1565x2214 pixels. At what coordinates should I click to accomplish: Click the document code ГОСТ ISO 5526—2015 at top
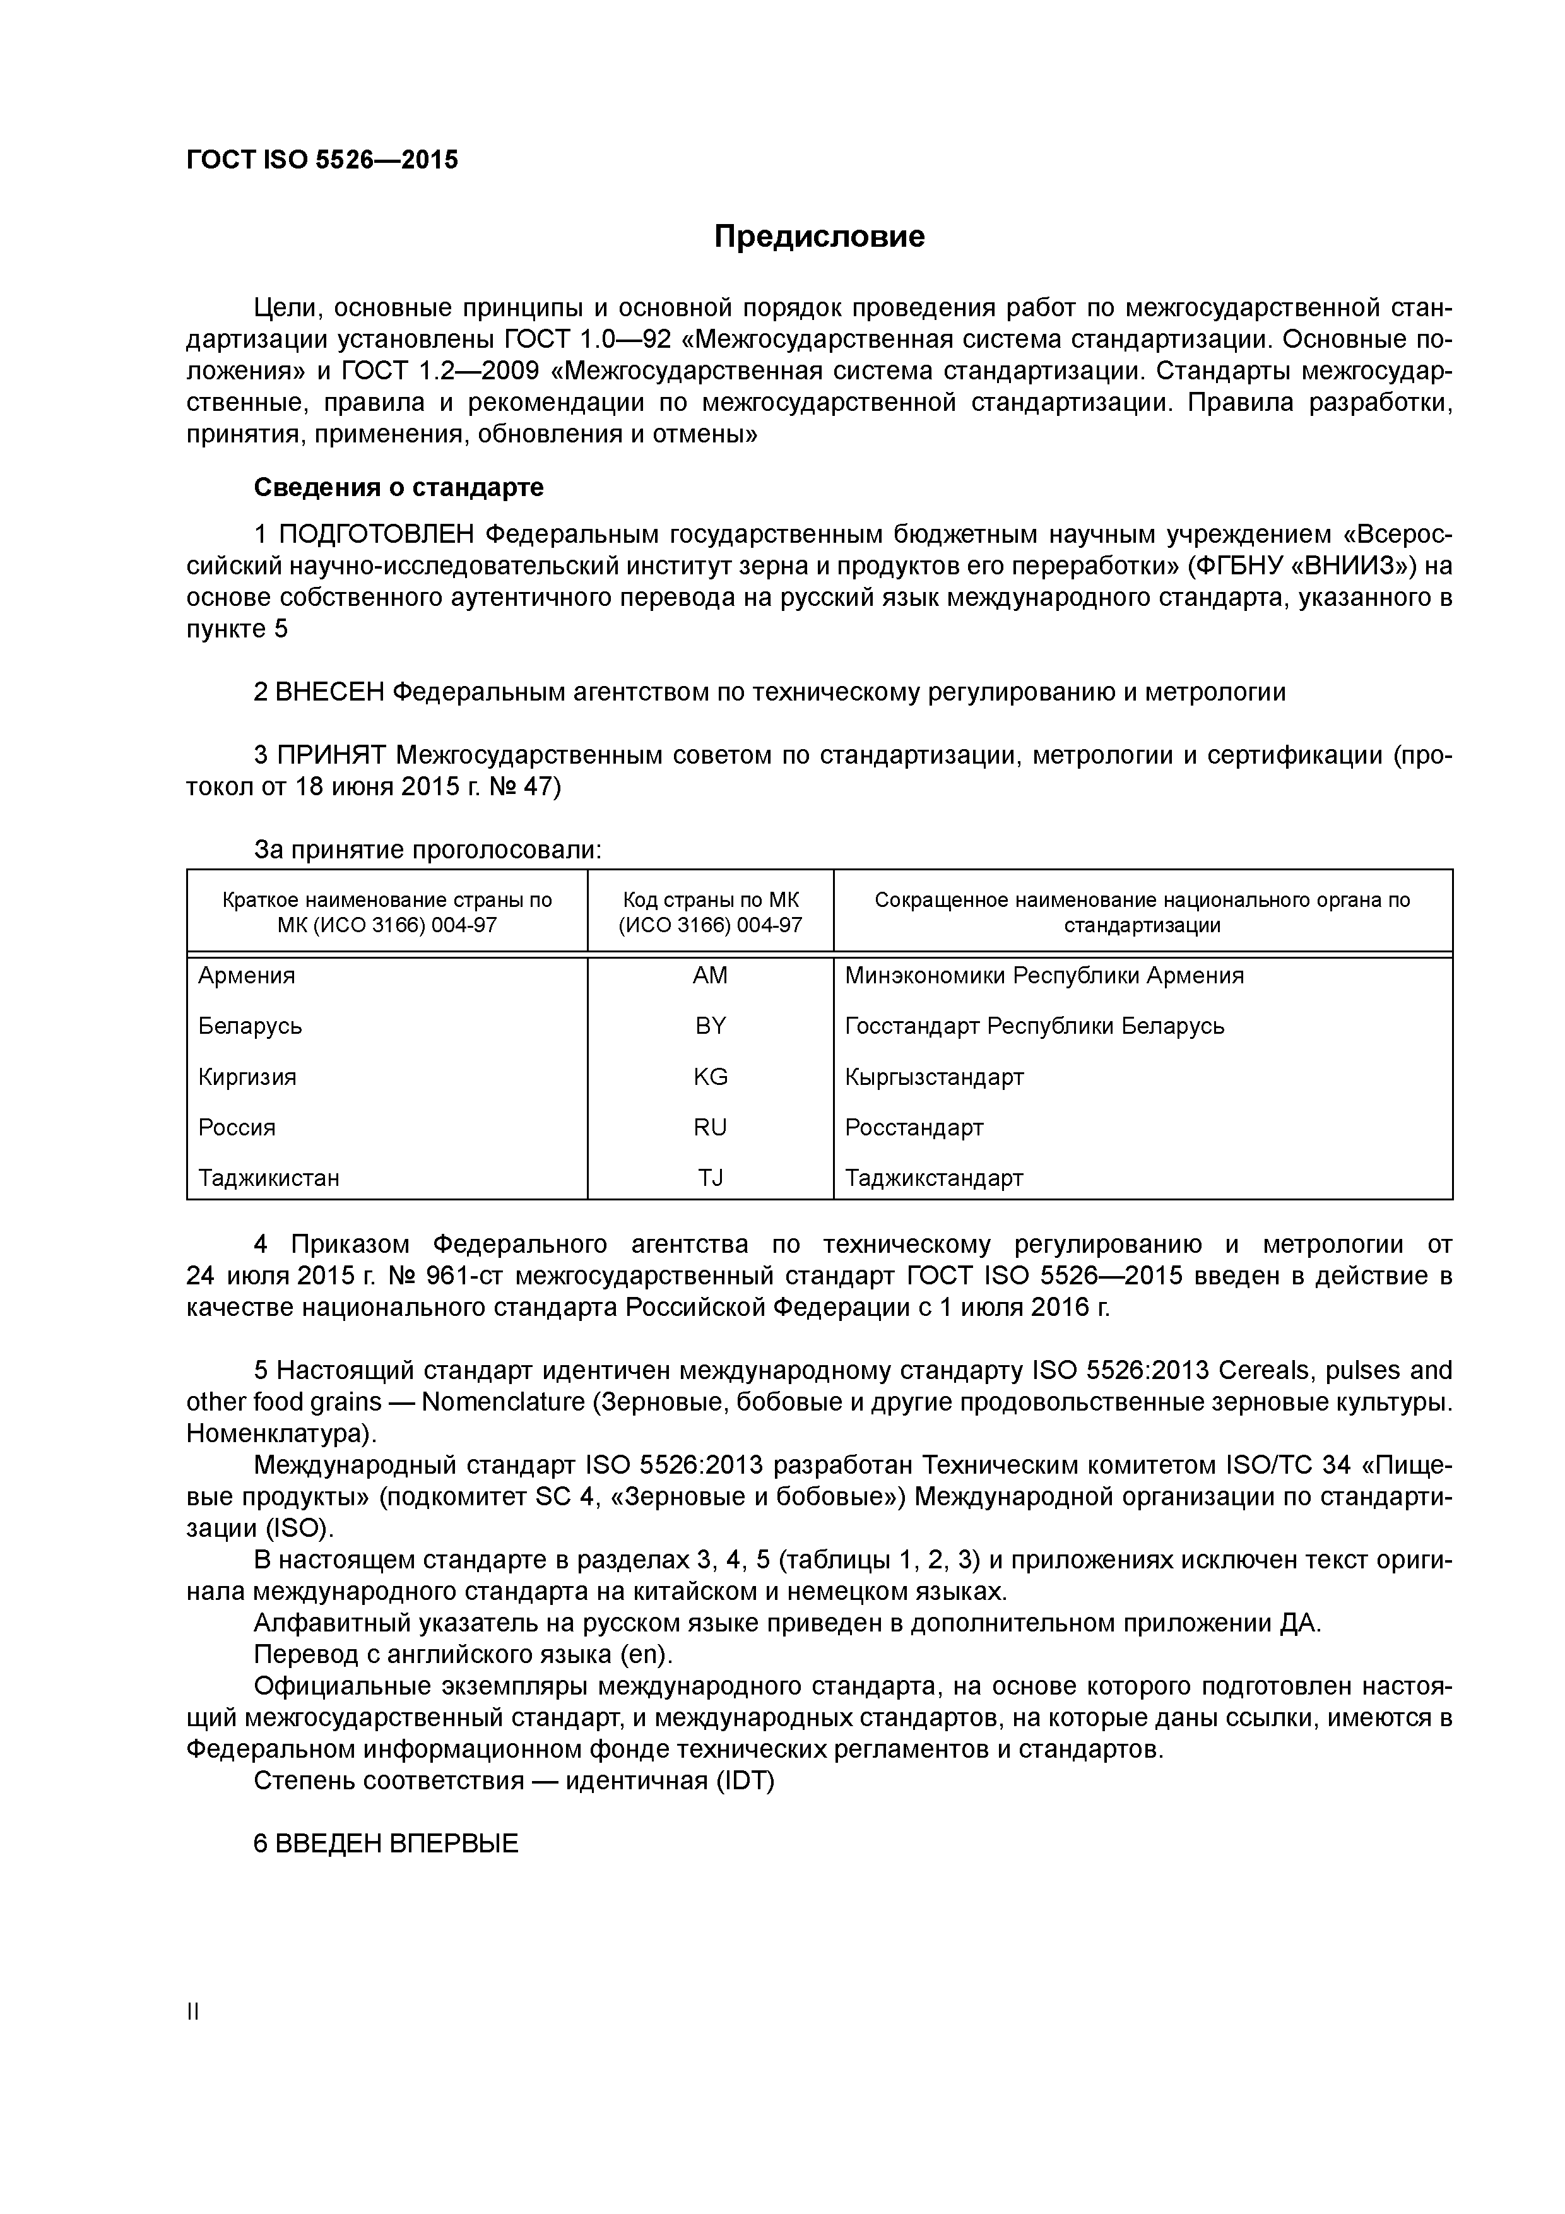322,160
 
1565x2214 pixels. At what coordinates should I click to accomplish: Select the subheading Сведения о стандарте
398,487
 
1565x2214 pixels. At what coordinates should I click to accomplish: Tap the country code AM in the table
710,975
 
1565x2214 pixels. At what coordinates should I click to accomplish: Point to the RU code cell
710,1127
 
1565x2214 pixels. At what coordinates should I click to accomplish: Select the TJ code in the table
710,1178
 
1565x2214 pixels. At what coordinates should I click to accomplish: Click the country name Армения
247,975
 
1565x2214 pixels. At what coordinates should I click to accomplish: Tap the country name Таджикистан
269,1178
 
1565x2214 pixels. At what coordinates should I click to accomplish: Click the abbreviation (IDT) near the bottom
745,1780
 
